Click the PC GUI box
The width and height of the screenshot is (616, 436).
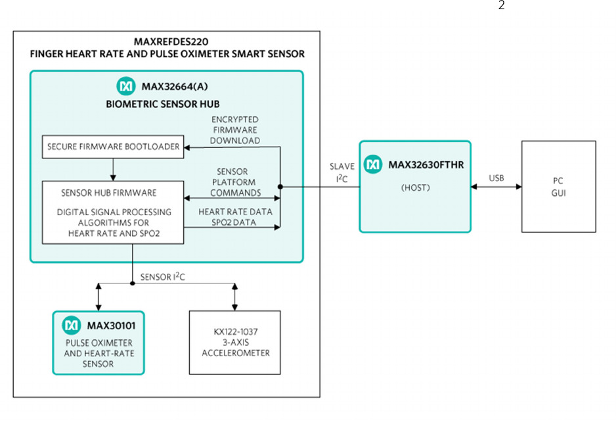click(558, 186)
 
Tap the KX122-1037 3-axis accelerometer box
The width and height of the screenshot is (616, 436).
click(234, 343)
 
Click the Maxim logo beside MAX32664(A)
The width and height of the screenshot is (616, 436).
click(125, 86)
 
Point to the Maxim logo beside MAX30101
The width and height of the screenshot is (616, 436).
click(70, 325)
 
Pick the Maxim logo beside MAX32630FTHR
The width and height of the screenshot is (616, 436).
click(374, 164)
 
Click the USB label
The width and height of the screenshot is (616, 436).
click(496, 178)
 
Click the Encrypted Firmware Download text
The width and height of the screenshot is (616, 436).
click(234, 130)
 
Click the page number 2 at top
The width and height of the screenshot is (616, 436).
click(502, 6)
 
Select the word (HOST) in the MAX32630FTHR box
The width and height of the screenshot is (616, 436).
click(414, 187)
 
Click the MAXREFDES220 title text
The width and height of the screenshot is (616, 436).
click(167, 42)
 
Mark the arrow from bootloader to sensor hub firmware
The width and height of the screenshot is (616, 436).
click(113, 169)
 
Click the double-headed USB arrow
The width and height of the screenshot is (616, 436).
click(496, 187)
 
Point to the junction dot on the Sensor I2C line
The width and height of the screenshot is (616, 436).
click(133, 283)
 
